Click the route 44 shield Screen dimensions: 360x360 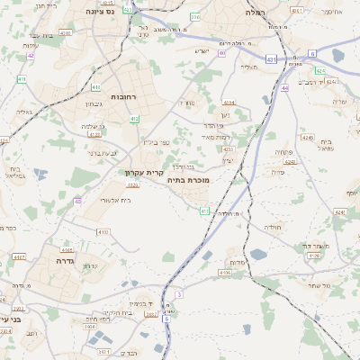pos(284,88)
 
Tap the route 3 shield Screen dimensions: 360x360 pos(179,294)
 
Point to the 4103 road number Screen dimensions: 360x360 pos(102,232)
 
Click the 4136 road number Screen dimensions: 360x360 pos(225,272)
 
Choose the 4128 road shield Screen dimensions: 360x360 pos(313,256)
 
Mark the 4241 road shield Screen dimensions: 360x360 pos(339,211)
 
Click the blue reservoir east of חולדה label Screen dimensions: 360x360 pos(258,255)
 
